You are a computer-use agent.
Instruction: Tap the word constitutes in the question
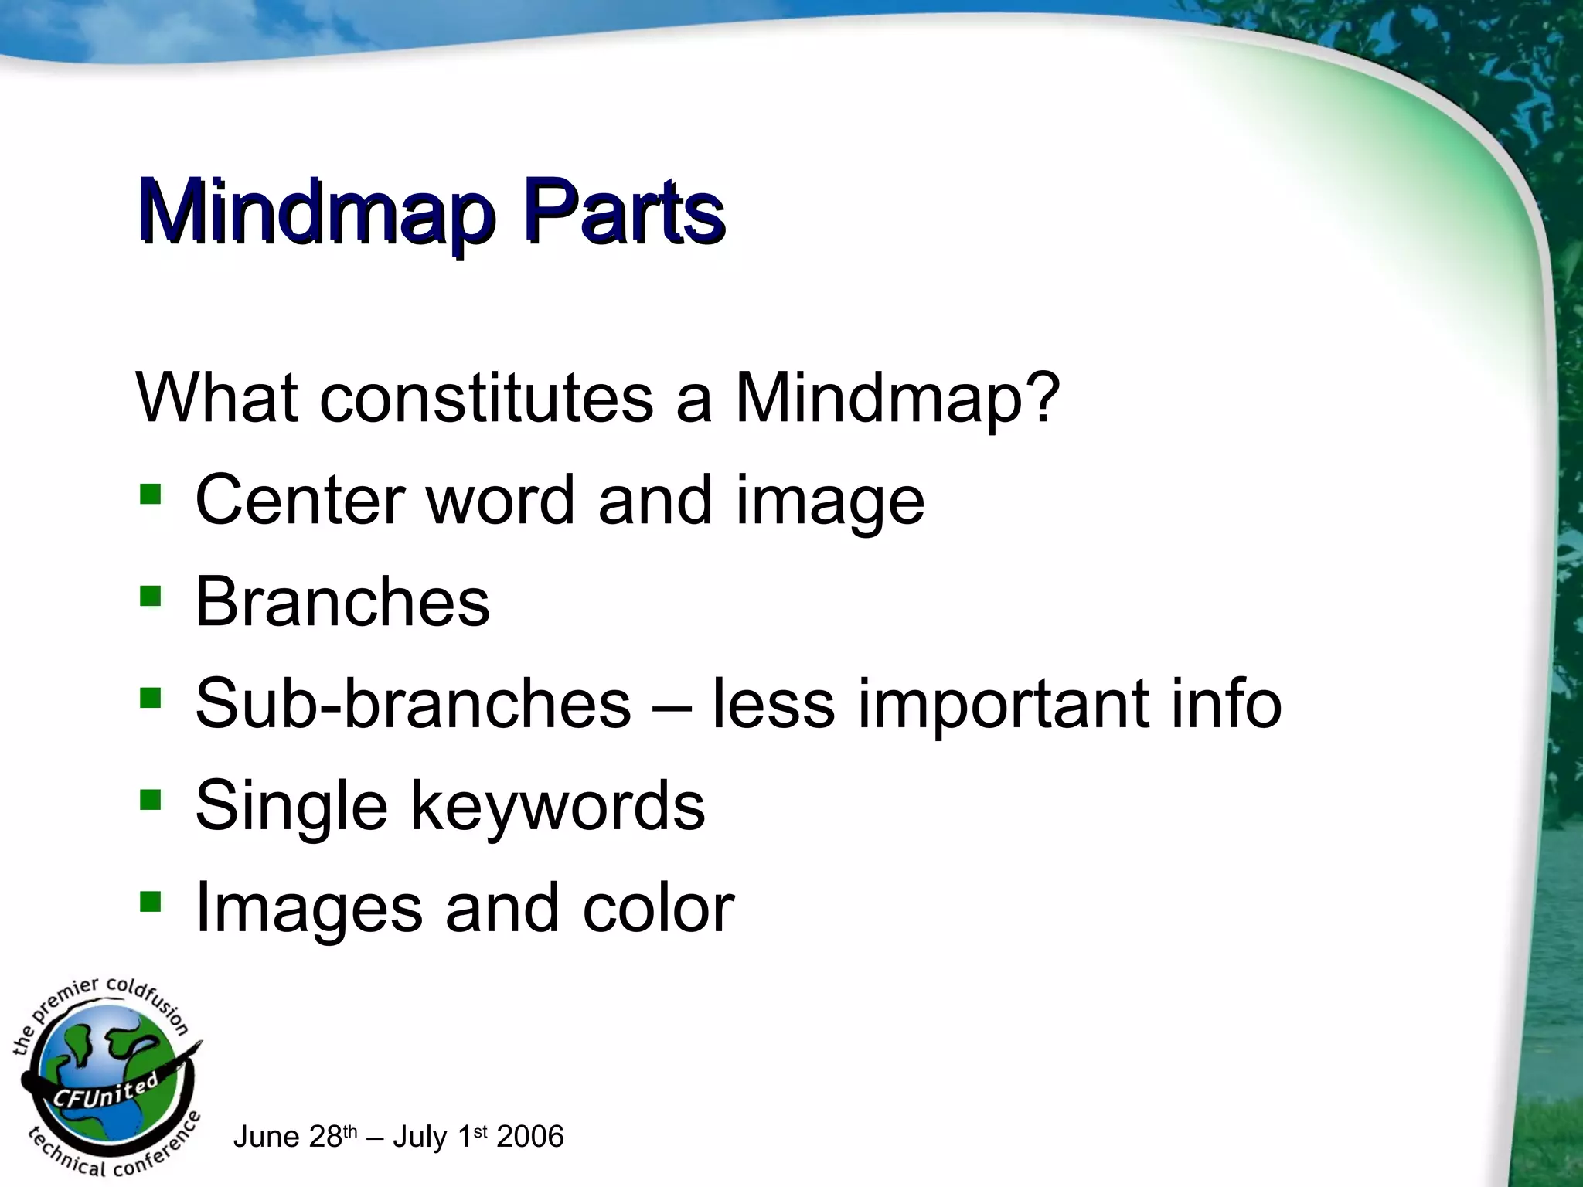(486, 399)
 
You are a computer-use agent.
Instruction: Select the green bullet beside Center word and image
(151, 495)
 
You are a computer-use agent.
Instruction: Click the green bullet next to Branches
(151, 596)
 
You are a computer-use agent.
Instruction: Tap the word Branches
(342, 602)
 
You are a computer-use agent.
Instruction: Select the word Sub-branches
(413, 703)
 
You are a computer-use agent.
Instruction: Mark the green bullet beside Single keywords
(151, 800)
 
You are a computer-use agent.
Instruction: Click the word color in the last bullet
(658, 908)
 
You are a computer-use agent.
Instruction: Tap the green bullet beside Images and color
(151, 901)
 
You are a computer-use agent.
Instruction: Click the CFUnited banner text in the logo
(104, 1091)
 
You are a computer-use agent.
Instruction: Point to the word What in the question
(217, 399)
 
